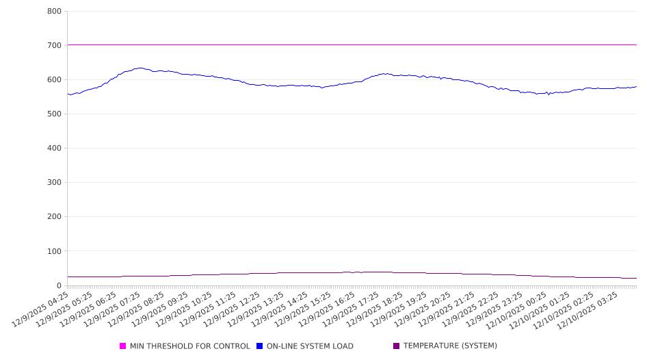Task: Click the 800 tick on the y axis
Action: point(55,12)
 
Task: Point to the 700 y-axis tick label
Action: point(55,46)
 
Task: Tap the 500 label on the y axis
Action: point(55,114)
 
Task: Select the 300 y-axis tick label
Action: point(55,183)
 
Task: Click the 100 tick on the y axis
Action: point(55,251)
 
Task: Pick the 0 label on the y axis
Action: point(60,285)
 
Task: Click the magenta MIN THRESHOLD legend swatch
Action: point(123,346)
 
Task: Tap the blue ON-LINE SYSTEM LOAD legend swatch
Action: point(260,346)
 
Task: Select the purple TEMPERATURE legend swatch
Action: point(397,346)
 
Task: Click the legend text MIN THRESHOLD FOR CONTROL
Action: point(189,346)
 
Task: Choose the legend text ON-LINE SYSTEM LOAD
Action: point(310,346)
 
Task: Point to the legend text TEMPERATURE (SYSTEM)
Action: point(450,346)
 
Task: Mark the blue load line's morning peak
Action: point(140,68)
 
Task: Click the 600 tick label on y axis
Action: point(55,80)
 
